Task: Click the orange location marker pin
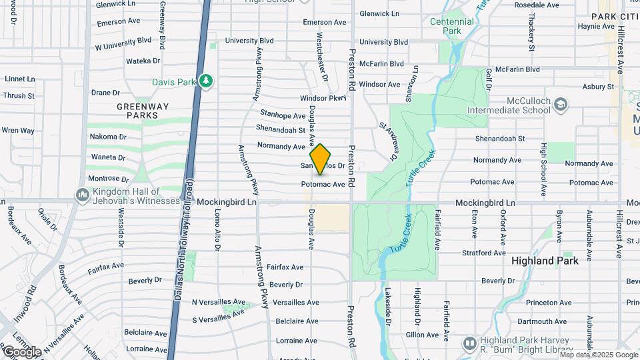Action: (321, 159)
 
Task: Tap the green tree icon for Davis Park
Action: (207, 81)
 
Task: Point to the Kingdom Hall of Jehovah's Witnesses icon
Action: (83, 195)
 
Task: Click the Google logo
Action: (21, 352)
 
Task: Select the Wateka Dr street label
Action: (143, 61)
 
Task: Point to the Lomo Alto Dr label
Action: (217, 229)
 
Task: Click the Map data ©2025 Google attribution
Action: (599, 355)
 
